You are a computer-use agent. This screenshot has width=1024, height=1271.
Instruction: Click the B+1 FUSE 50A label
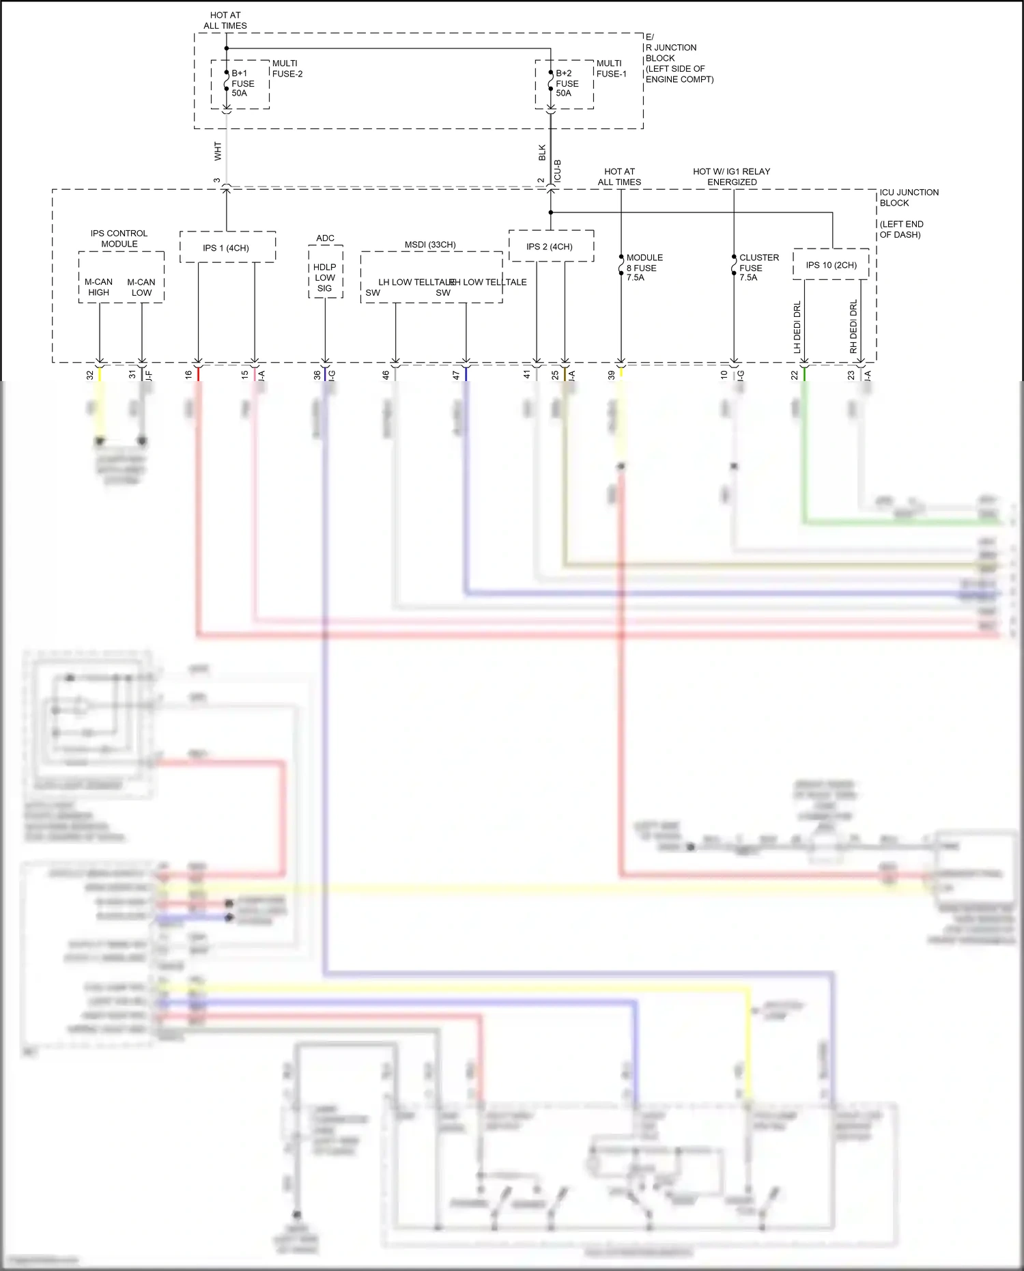(x=242, y=83)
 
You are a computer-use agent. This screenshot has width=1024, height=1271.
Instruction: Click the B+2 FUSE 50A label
(x=567, y=83)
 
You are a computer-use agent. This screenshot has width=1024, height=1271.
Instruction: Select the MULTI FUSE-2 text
(x=287, y=68)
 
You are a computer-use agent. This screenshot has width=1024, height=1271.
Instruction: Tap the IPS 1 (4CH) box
(x=227, y=247)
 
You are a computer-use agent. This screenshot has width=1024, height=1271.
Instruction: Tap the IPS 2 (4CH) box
(x=550, y=246)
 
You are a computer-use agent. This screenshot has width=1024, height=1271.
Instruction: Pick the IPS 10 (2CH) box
(x=831, y=265)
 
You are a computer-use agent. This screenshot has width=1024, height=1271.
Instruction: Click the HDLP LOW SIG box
(x=325, y=277)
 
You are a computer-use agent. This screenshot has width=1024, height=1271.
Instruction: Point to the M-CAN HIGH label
(x=98, y=287)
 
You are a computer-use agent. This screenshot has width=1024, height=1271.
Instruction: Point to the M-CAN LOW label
(x=141, y=287)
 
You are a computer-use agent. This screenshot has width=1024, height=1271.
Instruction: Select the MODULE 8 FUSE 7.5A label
(x=644, y=268)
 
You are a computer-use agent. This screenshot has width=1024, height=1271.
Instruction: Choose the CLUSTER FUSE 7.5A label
(x=758, y=268)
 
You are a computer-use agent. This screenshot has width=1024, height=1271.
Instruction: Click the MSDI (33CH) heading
(x=430, y=245)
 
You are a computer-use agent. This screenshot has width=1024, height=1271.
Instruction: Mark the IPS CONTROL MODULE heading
(x=119, y=238)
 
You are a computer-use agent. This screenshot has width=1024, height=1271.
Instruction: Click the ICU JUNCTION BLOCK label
(x=909, y=197)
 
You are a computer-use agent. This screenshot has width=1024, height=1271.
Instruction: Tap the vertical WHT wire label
(x=218, y=151)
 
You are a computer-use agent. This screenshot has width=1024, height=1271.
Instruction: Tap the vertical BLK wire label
(x=542, y=152)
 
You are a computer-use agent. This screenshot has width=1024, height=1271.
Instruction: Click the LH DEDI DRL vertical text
(x=797, y=326)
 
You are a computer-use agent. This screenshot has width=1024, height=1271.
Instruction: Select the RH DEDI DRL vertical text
(x=853, y=326)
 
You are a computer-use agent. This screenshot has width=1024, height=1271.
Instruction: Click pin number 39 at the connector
(x=612, y=375)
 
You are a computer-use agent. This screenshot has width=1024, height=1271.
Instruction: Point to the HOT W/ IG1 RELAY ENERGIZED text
(x=732, y=176)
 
